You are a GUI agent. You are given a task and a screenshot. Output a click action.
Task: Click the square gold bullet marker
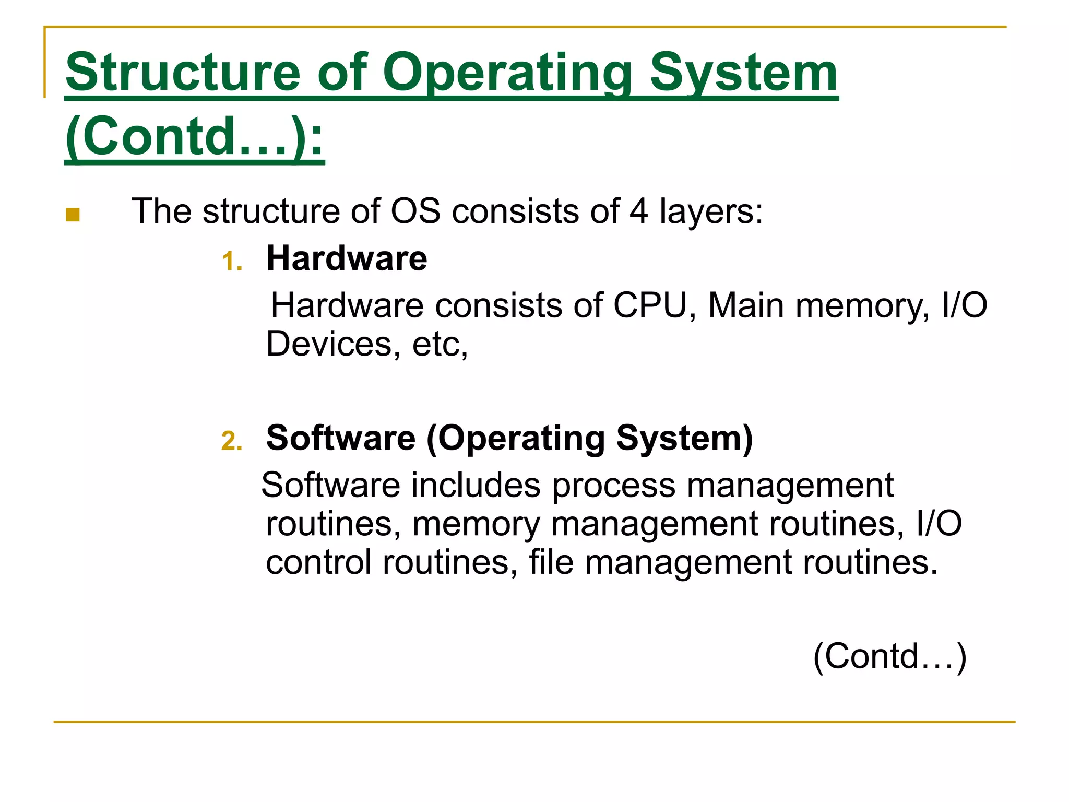click(x=73, y=215)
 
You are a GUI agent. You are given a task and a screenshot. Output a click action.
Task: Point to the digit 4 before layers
click(x=638, y=211)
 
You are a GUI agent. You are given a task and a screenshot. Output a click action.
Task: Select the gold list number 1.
click(x=232, y=261)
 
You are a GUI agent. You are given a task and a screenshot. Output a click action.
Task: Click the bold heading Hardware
click(x=347, y=258)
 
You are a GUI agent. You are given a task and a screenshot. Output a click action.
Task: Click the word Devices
click(x=329, y=344)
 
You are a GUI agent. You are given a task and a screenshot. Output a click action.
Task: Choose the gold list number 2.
click(x=232, y=441)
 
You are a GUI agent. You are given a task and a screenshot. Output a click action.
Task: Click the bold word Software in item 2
click(x=340, y=438)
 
